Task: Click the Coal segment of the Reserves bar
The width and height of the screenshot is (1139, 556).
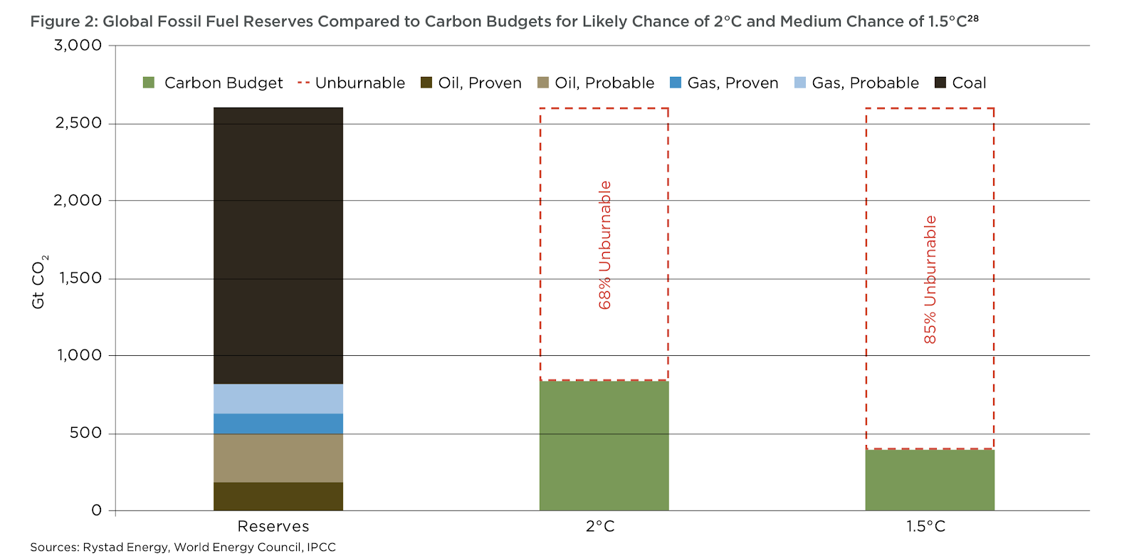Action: coord(278,246)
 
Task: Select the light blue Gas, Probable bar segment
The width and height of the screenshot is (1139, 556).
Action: coord(278,399)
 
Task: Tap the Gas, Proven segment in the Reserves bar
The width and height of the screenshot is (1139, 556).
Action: coord(278,424)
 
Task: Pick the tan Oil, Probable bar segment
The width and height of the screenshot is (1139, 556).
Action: coord(278,458)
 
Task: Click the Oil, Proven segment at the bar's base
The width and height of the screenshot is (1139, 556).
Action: coord(278,496)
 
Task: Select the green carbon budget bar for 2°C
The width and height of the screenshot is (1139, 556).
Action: coord(604,446)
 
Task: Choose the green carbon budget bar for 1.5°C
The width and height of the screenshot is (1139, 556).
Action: coord(930,480)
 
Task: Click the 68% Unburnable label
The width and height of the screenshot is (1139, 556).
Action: coord(605,245)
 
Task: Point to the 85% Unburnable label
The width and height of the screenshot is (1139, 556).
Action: coord(930,280)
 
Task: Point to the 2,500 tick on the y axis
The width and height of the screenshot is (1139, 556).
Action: coord(78,123)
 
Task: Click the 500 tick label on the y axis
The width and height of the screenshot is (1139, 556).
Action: coord(85,433)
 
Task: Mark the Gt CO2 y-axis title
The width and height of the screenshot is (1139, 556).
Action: coord(38,281)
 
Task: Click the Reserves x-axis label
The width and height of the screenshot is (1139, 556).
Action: coord(273,527)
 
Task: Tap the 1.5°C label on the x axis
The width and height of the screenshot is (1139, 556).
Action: coord(925,527)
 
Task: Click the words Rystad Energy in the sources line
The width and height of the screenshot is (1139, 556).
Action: coord(126,547)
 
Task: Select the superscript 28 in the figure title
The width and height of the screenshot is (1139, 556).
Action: coord(973,19)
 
